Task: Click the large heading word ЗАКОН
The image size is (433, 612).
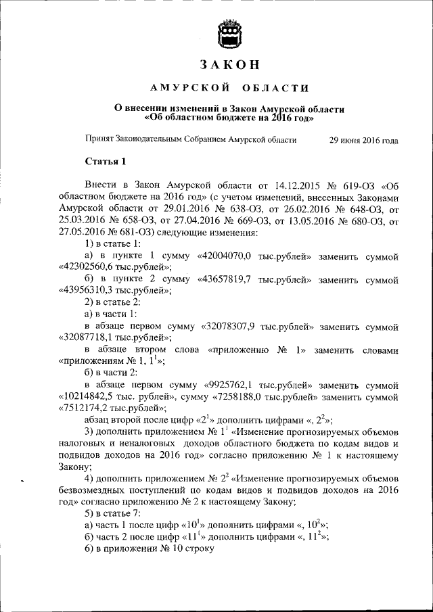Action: click(x=229, y=65)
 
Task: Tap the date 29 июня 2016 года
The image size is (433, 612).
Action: click(x=363, y=140)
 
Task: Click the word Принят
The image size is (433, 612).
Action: click(x=99, y=140)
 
